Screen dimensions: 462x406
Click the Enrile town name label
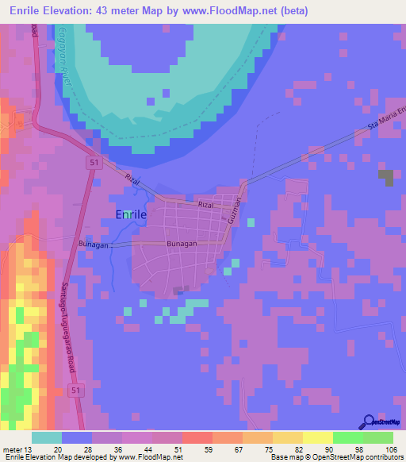131,215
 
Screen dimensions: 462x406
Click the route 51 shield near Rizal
94,163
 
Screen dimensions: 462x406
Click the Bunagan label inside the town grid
181,244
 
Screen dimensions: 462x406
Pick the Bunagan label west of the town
93,244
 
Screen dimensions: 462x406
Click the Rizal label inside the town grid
206,205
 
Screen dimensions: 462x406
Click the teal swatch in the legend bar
47,437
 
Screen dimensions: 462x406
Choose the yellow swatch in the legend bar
318,437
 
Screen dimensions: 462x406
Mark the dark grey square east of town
385,178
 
